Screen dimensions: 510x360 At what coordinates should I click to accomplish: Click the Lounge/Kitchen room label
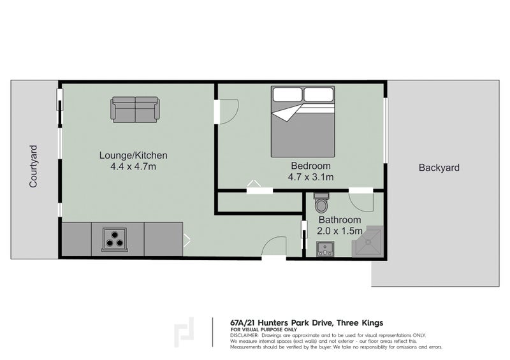click(x=133, y=155)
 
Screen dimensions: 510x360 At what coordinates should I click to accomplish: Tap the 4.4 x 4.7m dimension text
click(x=133, y=167)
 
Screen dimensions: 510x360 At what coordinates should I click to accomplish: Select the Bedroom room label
click(x=310, y=166)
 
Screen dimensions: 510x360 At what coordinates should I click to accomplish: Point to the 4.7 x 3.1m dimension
click(x=310, y=177)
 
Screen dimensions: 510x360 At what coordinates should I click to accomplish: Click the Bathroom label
click(x=340, y=220)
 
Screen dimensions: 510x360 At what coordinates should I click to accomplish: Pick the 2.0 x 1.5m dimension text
click(x=340, y=231)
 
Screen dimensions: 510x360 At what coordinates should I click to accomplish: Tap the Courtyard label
click(x=33, y=166)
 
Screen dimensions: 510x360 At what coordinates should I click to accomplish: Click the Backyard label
click(x=439, y=168)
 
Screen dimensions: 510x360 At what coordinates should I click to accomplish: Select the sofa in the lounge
click(x=135, y=109)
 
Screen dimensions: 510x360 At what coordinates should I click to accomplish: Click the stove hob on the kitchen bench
click(x=115, y=240)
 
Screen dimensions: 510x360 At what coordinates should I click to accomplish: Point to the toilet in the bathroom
click(x=321, y=203)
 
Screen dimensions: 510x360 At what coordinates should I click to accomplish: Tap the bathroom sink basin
click(x=325, y=248)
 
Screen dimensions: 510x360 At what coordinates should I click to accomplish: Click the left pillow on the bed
click(x=288, y=95)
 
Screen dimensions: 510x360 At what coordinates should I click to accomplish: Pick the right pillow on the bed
click(x=319, y=95)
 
